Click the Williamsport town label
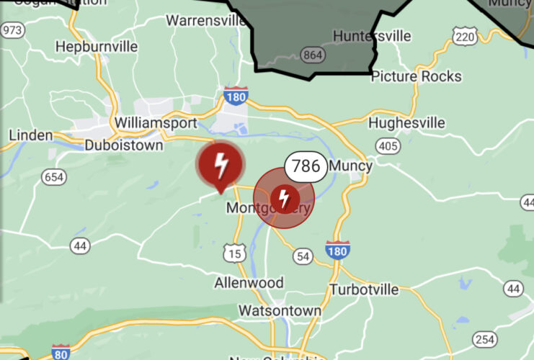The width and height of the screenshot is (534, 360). (x=155, y=123)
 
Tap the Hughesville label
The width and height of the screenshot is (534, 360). (x=406, y=123)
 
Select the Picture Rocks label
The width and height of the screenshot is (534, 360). (x=416, y=76)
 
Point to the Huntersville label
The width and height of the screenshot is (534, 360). (x=372, y=36)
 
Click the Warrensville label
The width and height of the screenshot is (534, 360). (x=206, y=19)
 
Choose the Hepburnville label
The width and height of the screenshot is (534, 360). (x=97, y=47)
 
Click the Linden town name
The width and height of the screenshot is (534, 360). (x=31, y=135)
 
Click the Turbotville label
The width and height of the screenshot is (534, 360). (x=363, y=289)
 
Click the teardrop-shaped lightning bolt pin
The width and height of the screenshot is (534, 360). (x=222, y=165)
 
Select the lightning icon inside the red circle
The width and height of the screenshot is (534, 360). (x=285, y=197)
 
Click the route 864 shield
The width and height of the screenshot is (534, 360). (x=313, y=55)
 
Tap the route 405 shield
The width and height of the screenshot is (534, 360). (x=388, y=147)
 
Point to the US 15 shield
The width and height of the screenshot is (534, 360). (x=234, y=253)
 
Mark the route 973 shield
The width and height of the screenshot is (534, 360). (x=12, y=30)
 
